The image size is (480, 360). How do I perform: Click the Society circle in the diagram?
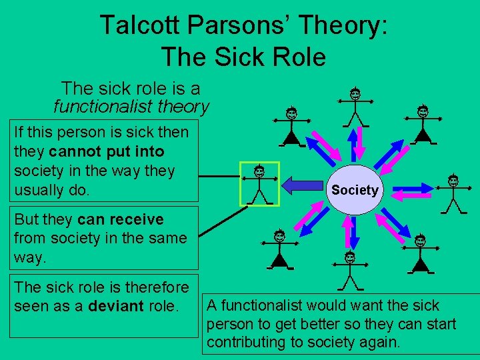pos(355,190)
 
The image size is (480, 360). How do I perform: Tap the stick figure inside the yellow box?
pos(259,183)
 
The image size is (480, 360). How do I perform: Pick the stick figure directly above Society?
pos(355,107)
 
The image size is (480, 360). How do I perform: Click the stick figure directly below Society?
pos(349,270)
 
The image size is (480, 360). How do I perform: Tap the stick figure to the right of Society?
pos(453,193)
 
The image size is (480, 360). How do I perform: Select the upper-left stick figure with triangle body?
pos(292,127)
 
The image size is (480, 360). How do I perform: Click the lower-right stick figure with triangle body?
pos(420,254)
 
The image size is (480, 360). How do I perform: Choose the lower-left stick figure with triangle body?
pos(279,249)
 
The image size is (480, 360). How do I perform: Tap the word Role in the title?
pos(294,57)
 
